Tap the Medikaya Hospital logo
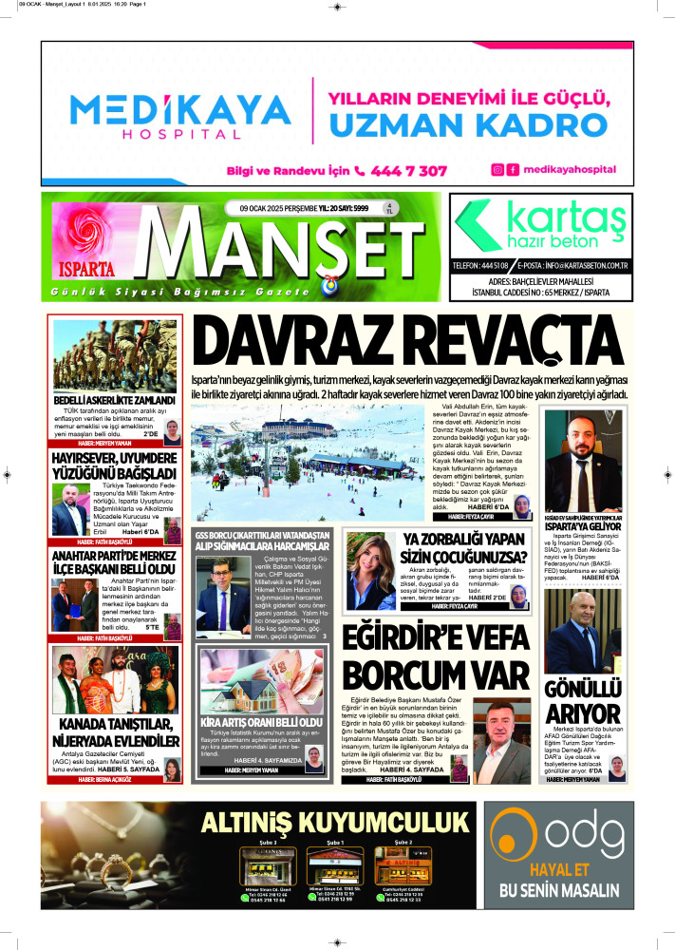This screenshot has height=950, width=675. click(178, 116)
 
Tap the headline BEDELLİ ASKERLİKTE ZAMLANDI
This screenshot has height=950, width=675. click(115, 401)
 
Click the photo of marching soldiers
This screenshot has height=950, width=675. click(115, 353)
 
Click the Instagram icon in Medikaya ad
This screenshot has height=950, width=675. click(497, 170)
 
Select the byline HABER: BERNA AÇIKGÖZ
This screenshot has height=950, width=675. click(114, 779)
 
